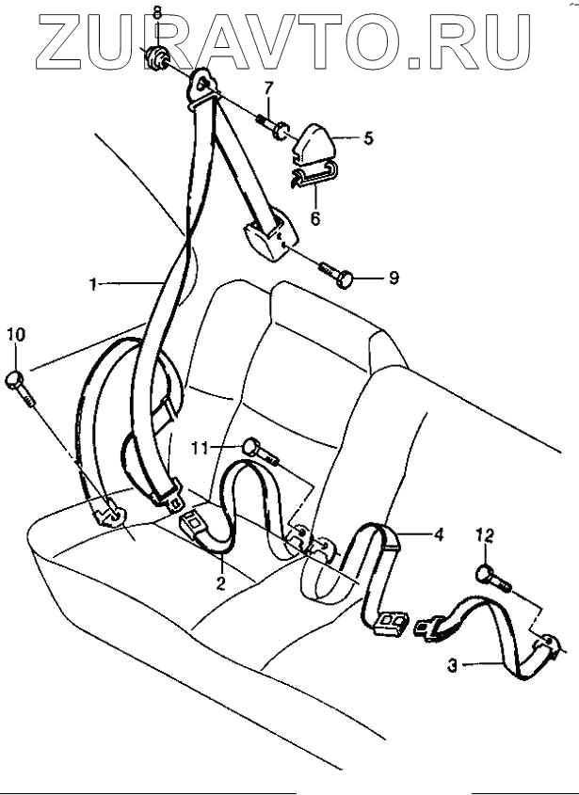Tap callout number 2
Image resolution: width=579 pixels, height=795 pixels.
pos(220,582)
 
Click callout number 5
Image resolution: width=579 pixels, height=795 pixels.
pos(368,138)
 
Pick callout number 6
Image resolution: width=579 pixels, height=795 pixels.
pos(315,218)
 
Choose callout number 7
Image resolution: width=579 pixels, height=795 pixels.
pos(268,89)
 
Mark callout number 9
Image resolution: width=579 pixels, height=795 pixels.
pos(394,278)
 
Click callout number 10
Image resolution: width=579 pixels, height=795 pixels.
pos(16,335)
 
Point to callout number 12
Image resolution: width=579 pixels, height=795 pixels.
pos(484,535)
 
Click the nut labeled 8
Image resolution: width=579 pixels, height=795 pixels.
pos(155,59)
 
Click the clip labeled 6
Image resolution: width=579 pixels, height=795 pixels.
pos(314,174)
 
